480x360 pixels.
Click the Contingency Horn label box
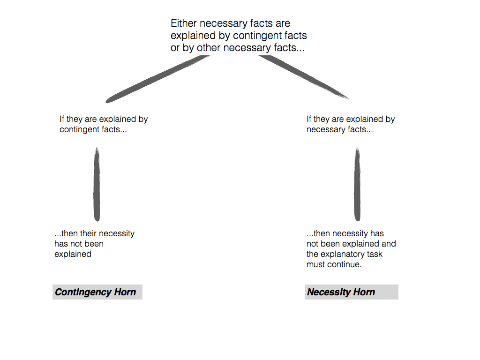tap(97, 292)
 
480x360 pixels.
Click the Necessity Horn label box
tap(351, 292)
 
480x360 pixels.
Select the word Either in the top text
tap(183, 23)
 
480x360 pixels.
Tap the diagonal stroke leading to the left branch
tap(157, 79)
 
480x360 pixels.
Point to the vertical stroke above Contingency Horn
tap(97, 184)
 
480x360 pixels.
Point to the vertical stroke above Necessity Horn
tap(357, 184)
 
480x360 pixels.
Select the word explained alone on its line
tap(73, 254)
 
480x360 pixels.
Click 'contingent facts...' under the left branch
tap(93, 129)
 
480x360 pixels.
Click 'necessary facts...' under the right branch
tap(340, 129)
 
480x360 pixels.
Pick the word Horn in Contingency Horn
tap(125, 292)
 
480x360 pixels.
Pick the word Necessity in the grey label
tap(329, 292)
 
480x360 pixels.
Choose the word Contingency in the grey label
tap(83, 292)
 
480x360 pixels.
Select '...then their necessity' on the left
tap(94, 233)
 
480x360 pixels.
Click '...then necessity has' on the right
tap(345, 233)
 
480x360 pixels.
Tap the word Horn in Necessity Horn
tap(364, 292)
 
